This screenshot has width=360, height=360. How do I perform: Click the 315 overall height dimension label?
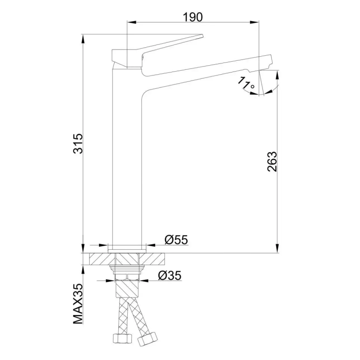click(x=78, y=144)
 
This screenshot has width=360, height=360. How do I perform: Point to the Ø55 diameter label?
click(x=175, y=240)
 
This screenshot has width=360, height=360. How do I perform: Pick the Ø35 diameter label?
click(x=170, y=275)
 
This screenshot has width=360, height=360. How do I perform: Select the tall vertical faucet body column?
click(x=126, y=157)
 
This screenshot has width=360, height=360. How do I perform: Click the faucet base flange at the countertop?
click(x=127, y=247)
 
